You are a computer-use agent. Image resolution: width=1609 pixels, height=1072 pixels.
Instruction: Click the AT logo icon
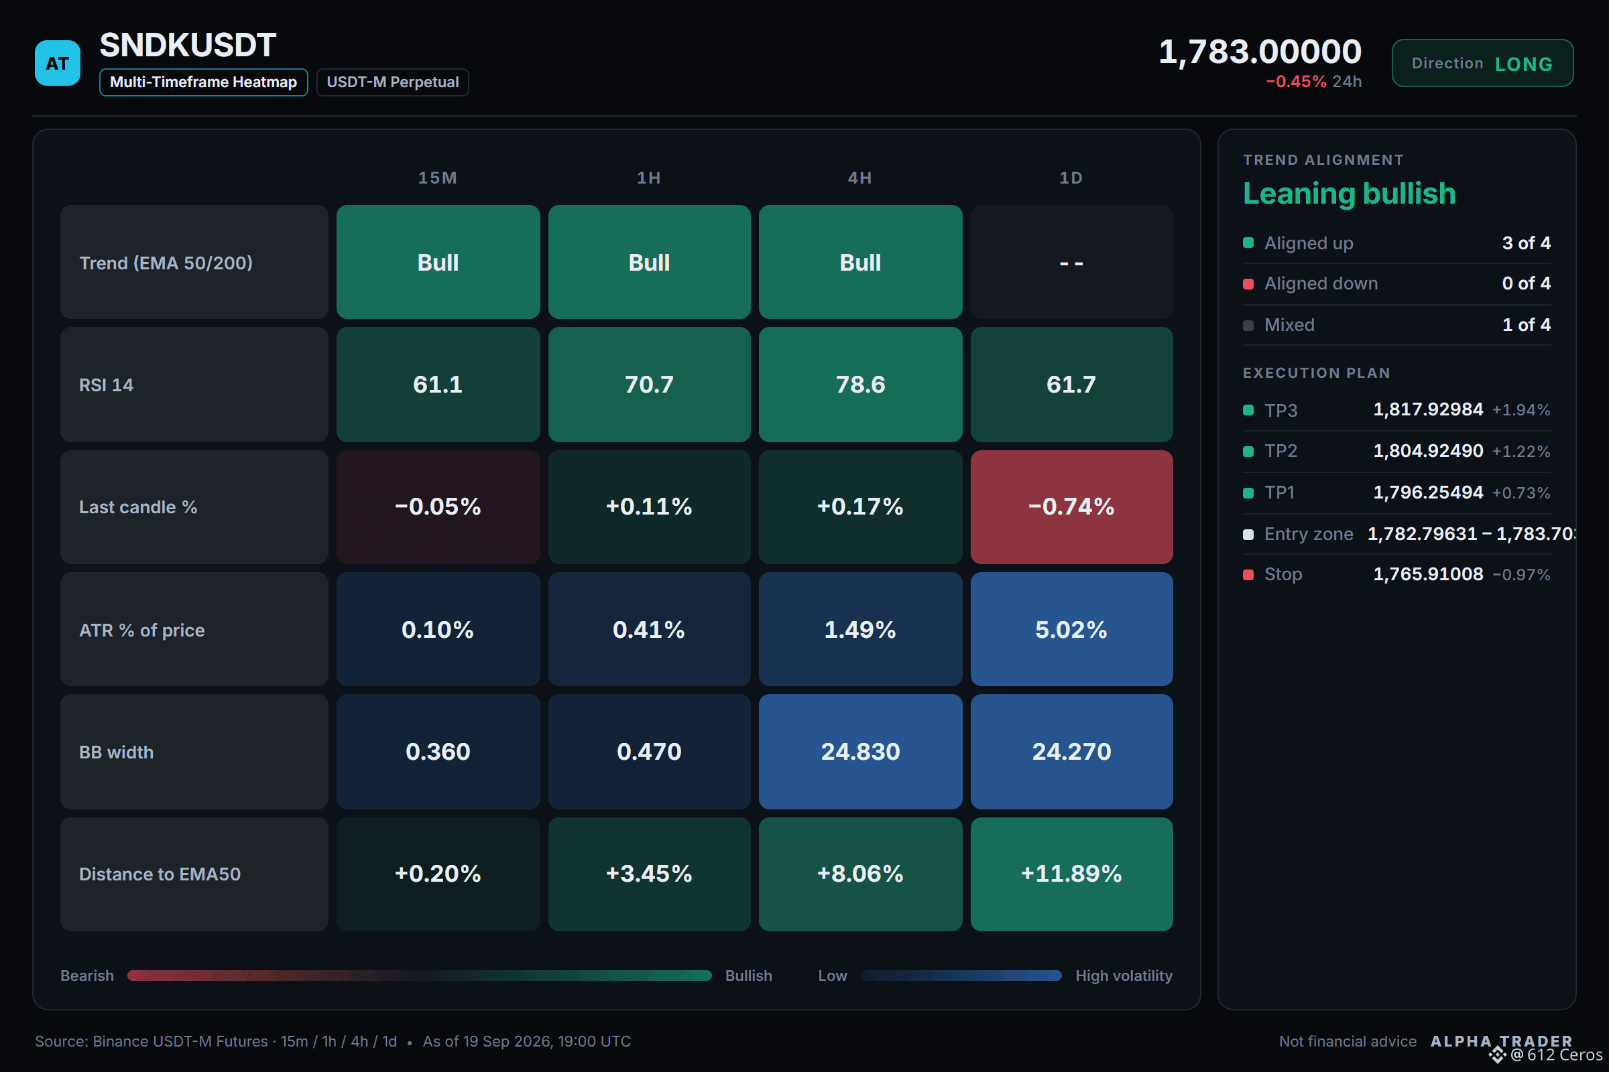click(58, 63)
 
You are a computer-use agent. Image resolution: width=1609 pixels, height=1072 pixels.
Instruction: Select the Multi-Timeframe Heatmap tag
click(203, 82)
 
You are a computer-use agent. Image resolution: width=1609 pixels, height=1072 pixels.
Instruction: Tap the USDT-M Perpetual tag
click(392, 82)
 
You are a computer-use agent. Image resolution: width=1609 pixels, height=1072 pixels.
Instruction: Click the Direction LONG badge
click(1482, 63)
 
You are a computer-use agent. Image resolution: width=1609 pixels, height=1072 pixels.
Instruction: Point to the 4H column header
click(860, 178)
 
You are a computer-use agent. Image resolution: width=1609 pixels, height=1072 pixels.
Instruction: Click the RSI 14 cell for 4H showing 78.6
click(860, 384)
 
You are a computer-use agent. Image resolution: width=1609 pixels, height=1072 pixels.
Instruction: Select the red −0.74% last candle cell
click(1071, 507)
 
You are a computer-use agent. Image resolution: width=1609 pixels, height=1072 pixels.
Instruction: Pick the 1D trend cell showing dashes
click(1071, 262)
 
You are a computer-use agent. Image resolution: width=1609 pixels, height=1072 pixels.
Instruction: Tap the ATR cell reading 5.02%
click(1071, 629)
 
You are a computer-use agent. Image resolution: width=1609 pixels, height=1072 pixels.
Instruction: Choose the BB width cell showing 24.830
click(860, 751)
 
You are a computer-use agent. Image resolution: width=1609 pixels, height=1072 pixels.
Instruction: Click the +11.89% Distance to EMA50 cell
click(1071, 874)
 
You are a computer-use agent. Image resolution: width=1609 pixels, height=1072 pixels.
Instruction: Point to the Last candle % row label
click(138, 507)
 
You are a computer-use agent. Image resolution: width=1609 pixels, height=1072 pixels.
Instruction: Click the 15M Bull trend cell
click(438, 262)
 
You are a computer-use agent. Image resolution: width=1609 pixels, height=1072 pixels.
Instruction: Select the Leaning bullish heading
click(1349, 194)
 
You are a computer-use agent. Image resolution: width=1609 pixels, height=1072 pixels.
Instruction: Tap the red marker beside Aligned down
click(1248, 283)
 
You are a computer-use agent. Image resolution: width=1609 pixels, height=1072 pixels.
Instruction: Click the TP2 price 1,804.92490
click(1429, 450)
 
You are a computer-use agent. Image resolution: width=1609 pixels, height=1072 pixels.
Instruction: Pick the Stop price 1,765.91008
click(1429, 574)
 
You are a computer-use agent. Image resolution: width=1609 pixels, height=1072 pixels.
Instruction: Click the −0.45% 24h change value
click(1296, 81)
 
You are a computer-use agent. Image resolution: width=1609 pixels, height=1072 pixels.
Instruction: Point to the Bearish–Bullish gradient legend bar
click(420, 976)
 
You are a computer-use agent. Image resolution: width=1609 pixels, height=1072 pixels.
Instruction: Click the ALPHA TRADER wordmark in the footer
click(1501, 1041)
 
